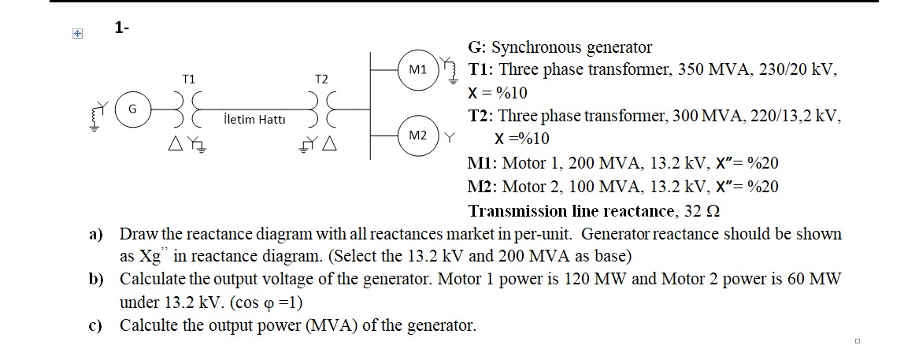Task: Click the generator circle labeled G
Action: pos(132,110)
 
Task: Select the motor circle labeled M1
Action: pos(417,70)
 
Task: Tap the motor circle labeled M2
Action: pos(417,135)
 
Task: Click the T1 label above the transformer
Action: pos(188,79)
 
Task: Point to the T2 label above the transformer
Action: pos(320,79)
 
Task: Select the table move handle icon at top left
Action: pos(76,34)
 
